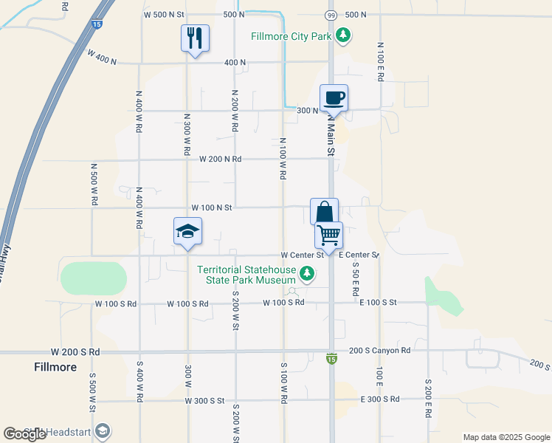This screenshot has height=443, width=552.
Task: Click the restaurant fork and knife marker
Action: click(195, 38)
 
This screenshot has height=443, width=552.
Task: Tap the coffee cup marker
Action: click(334, 97)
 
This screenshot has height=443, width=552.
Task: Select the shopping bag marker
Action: click(324, 212)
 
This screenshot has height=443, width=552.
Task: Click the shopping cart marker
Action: click(328, 235)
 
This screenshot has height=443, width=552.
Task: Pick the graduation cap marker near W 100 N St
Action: click(187, 231)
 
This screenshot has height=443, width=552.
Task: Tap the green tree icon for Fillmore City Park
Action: click(342, 35)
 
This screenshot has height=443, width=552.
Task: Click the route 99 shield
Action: click(331, 15)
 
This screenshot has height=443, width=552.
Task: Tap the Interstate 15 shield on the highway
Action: click(97, 24)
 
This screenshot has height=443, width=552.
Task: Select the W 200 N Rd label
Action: click(220, 159)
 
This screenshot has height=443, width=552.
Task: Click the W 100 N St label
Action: click(212, 208)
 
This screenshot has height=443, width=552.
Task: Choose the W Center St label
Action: click(303, 255)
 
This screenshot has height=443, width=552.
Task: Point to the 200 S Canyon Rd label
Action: click(379, 351)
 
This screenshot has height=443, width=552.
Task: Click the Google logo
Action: click(24, 434)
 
